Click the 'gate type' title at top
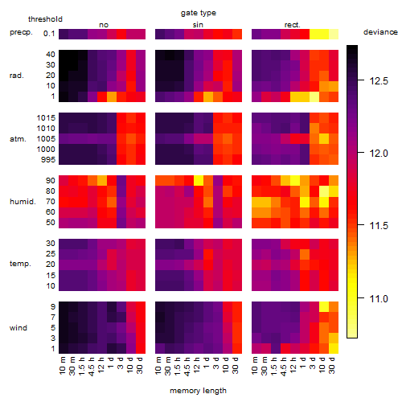199,13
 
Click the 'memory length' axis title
199,391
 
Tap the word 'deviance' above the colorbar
380,32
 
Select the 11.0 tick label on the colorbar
379,298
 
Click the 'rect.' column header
292,25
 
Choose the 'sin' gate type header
198,25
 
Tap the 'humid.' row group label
23,202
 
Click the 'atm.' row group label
18,139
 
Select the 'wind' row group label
18,328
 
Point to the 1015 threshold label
46,118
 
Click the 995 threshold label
48,160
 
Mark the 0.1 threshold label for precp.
49,34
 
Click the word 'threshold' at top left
45,19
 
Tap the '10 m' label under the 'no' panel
62,366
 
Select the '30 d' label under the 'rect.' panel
332,366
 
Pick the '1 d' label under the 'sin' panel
207,363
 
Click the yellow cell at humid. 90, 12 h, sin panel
199,181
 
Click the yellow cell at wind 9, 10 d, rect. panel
324,306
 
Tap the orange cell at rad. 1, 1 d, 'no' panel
112,96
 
